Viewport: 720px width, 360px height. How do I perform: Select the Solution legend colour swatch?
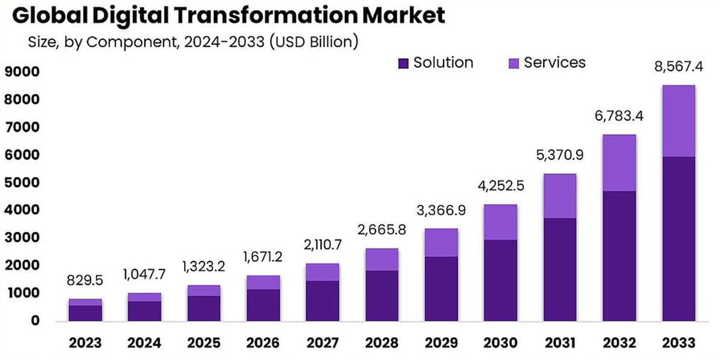tap(403, 63)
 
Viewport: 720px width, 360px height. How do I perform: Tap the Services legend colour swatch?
tap(514, 63)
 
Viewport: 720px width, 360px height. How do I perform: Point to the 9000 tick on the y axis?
tap(22, 73)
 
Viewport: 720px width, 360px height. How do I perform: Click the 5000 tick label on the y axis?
tap(22, 183)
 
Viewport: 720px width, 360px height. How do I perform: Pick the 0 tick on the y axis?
tap(35, 321)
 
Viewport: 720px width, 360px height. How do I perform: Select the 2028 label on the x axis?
tap(382, 343)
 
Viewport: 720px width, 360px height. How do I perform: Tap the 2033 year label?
tap(679, 343)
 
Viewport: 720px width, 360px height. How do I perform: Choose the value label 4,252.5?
tap(500, 186)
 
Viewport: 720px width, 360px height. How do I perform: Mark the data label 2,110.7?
tap(322, 245)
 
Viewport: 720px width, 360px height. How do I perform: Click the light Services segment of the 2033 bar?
tap(679, 121)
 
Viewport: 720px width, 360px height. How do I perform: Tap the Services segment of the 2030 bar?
tap(500, 222)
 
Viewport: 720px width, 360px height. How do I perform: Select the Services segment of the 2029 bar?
tap(441, 242)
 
